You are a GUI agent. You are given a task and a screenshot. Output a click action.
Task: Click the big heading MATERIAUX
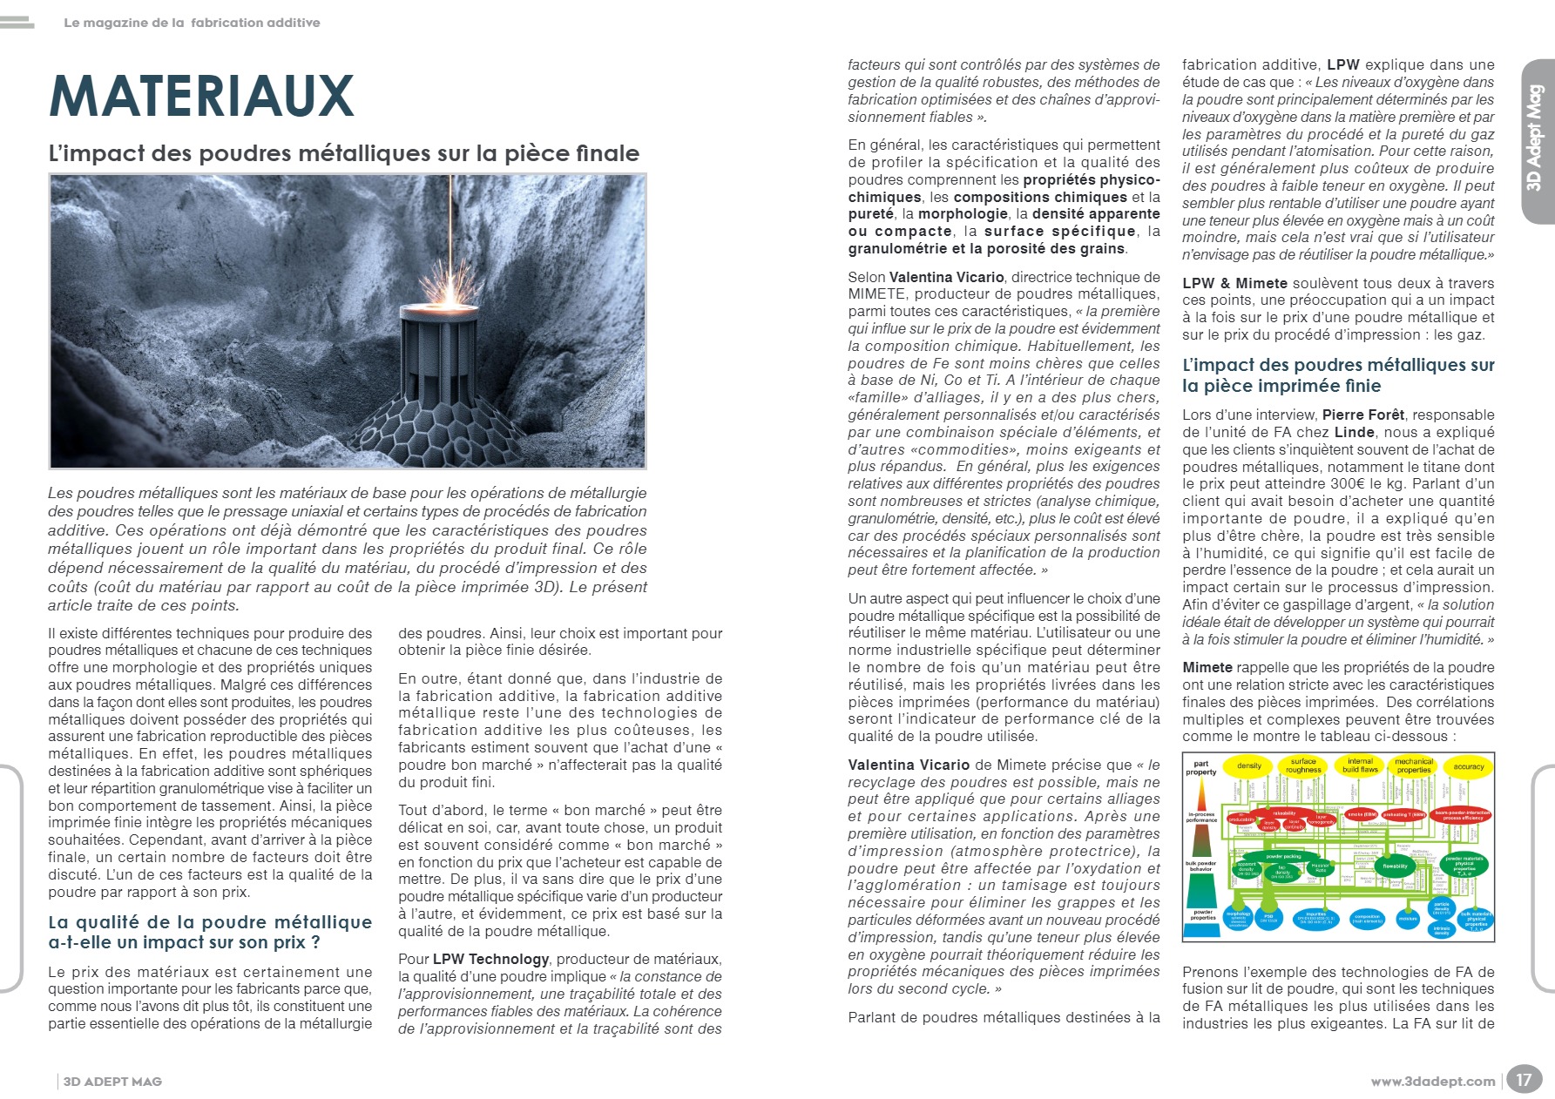click(202, 96)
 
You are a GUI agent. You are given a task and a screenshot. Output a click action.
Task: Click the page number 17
click(1523, 1080)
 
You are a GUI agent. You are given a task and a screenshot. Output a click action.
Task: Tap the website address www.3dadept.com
click(1432, 1082)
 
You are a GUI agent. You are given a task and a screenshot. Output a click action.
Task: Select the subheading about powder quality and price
click(210, 932)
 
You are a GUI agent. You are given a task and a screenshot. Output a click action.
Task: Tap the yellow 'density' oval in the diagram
click(1249, 766)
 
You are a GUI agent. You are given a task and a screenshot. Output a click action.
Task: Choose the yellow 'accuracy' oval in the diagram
click(1468, 766)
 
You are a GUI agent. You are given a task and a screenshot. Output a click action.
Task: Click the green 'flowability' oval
click(1395, 866)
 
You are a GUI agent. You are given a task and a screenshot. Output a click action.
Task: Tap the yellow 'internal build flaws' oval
click(1360, 765)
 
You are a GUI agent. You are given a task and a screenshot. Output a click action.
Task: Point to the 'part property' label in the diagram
click(1200, 767)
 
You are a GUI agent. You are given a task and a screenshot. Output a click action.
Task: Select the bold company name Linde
click(1354, 433)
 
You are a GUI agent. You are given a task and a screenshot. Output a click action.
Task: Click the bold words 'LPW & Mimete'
click(1234, 284)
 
